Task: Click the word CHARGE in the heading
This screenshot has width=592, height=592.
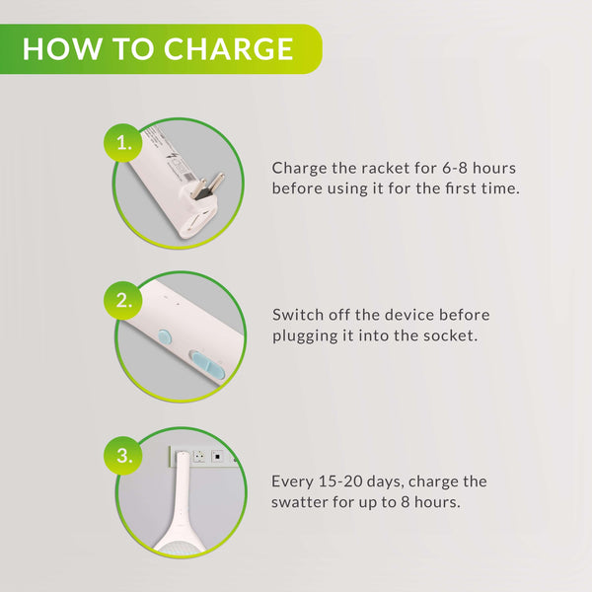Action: click(x=229, y=49)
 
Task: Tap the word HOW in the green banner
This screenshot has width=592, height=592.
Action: click(x=62, y=49)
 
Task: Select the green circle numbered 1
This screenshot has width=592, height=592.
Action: click(x=123, y=143)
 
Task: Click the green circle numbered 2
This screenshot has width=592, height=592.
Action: click(x=123, y=301)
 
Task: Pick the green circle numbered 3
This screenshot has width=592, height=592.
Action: click(x=123, y=456)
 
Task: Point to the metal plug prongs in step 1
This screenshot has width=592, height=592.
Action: click(x=208, y=185)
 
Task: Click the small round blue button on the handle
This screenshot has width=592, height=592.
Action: click(x=165, y=337)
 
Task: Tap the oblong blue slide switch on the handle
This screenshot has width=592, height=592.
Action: click(x=208, y=365)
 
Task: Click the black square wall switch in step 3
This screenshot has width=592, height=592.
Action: click(x=217, y=457)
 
